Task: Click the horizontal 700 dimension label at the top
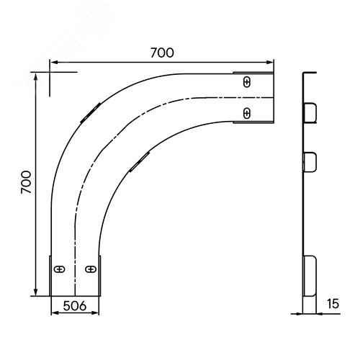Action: [162, 53]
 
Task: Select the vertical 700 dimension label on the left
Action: [26, 182]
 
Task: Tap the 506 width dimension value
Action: [75, 306]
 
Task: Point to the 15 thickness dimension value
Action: [333, 304]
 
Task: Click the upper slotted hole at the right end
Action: [247, 82]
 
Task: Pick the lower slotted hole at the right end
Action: [247, 113]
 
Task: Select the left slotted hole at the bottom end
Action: [60, 269]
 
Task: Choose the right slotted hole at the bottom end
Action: [91, 269]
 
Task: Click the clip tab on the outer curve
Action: [91, 113]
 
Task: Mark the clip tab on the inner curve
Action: [140, 162]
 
